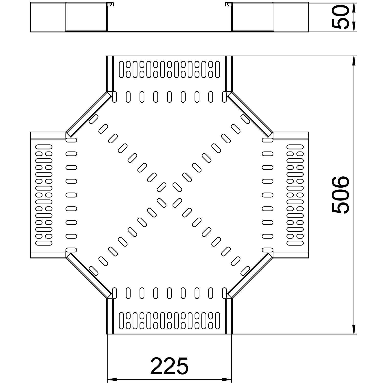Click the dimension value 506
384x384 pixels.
pos(340,195)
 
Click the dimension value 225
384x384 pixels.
pos(169,366)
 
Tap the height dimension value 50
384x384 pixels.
pos(340,17)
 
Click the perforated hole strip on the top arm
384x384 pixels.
pos(169,69)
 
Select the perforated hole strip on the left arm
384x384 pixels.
pos(44,195)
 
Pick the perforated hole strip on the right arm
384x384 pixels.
pos(295,195)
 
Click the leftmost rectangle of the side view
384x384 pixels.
pos(48,17)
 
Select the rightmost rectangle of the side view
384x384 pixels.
pos(291,17)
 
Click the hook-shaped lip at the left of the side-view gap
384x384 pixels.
pos(111,4)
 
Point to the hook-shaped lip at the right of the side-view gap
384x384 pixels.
pos(228,4)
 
